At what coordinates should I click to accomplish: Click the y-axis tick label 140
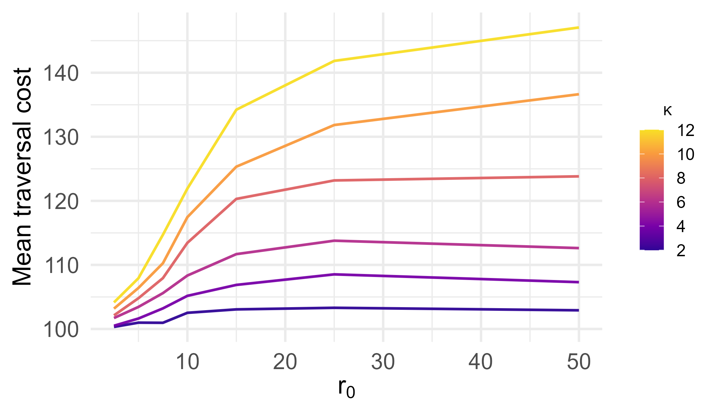pos(61,74)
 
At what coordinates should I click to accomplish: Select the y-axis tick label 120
pos(61,202)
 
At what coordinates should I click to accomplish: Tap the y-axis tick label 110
pos(61,266)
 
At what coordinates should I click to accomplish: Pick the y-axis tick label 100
pos(61,330)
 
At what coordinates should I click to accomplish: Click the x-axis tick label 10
pos(188,362)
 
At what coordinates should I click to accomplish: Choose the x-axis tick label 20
pos(285,362)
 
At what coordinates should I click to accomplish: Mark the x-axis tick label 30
pos(383,362)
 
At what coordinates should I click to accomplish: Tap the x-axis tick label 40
pos(481,362)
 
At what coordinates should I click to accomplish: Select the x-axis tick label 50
pos(578,362)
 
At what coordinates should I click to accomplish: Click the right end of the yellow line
pos(578,27)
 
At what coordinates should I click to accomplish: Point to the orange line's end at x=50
pos(578,94)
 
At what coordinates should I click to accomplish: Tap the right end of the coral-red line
pos(578,176)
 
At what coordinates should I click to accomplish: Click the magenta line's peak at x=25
pos(334,240)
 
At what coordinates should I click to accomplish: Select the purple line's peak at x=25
pos(334,274)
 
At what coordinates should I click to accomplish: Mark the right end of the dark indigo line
pos(578,310)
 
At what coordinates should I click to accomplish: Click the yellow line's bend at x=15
pos(236,110)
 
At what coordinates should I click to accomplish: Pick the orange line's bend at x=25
pos(334,125)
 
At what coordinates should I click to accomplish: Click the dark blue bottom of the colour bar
pos(652,248)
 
